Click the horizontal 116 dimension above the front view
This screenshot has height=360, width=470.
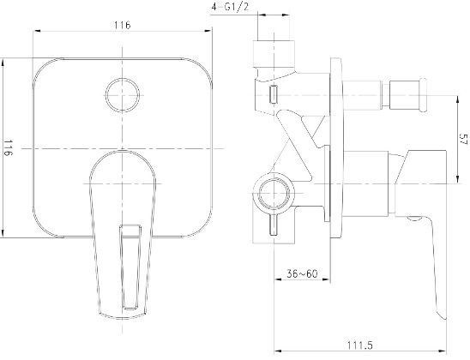coord(122,26)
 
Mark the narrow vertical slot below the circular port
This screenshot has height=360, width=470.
coord(274,227)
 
